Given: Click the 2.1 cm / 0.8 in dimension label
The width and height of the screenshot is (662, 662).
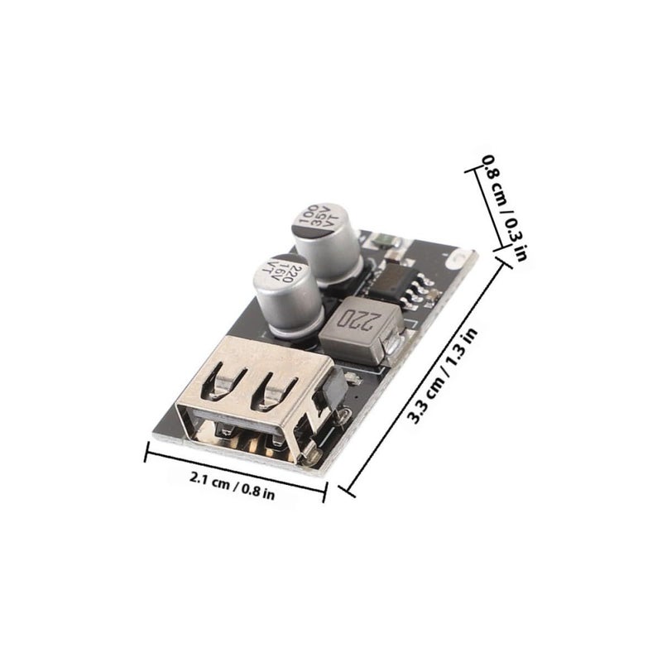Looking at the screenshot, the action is tap(233, 486).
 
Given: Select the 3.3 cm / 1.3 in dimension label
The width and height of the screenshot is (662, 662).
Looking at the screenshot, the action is tap(442, 376).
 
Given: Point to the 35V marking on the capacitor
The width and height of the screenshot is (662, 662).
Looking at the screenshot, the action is tap(319, 217).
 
